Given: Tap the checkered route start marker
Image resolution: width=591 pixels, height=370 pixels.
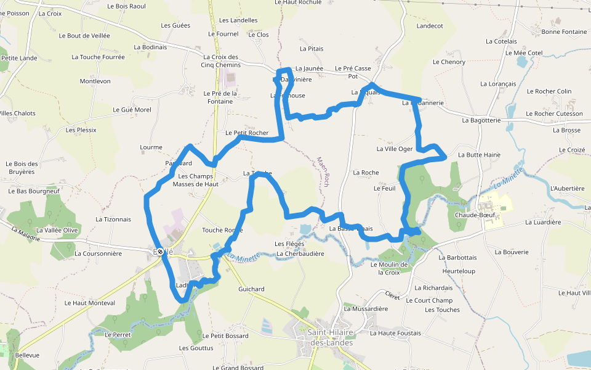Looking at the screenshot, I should click(161, 252).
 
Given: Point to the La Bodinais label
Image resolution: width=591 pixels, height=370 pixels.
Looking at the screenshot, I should click(150, 47).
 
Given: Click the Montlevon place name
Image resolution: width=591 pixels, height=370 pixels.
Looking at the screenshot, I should click(95, 81).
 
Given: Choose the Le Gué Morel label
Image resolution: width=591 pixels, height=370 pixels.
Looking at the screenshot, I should click(132, 110).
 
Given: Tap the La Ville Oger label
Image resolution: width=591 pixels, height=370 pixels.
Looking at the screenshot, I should click(395, 149).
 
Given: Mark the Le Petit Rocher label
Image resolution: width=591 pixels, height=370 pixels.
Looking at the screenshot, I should click(247, 133).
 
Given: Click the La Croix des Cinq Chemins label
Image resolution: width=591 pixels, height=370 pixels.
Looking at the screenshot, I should click(221, 61).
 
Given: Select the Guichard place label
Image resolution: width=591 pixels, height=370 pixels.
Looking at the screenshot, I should click(251, 289).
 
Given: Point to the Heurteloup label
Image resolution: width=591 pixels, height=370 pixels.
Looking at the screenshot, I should click(459, 271).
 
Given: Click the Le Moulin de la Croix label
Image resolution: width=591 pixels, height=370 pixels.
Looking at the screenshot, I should click(390, 268).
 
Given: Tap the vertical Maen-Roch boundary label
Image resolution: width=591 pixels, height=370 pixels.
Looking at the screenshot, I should click(322, 171).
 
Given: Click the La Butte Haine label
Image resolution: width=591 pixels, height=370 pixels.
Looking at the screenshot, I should click(479, 155).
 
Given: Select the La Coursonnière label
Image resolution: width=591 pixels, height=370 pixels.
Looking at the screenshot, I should click(98, 253).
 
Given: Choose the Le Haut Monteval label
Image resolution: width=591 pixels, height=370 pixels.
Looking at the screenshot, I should click(90, 303).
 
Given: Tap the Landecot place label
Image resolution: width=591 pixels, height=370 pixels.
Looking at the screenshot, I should click(430, 26).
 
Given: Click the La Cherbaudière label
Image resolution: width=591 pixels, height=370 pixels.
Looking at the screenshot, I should click(300, 253).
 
